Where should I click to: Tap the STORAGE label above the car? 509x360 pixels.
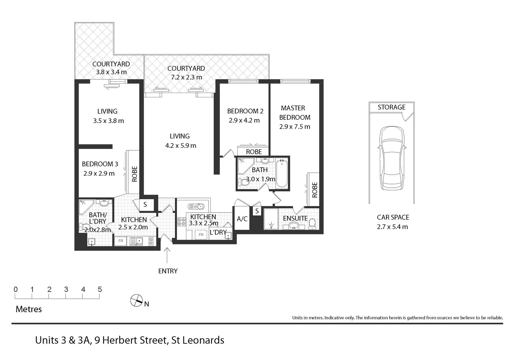click(391, 107)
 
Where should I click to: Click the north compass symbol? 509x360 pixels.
click(136, 301)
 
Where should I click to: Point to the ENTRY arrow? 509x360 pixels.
click(167, 255)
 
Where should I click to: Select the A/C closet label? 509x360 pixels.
click(242, 219)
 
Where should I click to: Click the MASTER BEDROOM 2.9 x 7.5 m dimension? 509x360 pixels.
click(295, 127)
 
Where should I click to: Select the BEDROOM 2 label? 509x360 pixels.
click(245, 111)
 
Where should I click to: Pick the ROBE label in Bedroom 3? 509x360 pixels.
click(134, 174)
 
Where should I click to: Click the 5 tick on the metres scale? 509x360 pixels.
click(100, 290)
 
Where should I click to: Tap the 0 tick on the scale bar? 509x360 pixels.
click(16, 290)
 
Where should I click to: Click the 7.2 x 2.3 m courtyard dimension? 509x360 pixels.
click(186, 77)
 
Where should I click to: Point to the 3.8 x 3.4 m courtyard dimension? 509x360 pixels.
click(111, 72)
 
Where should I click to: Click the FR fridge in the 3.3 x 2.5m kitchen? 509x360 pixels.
click(201, 235)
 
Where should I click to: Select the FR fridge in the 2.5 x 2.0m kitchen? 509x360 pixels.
click(121, 241)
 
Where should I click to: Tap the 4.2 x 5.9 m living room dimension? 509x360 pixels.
click(181, 146)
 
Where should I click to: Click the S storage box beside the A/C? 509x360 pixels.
click(257, 211)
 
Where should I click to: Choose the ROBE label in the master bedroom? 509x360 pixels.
click(314, 190)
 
